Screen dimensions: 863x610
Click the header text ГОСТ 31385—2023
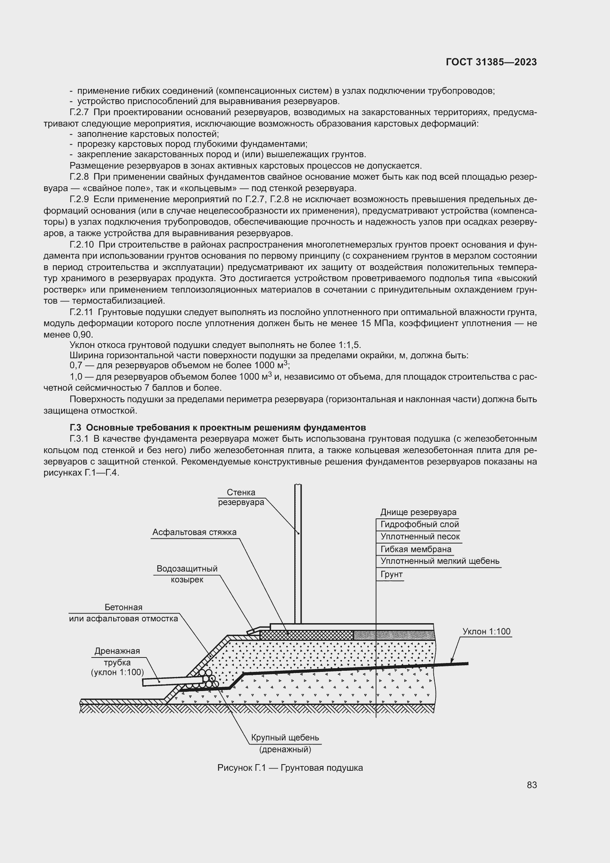coord(491,62)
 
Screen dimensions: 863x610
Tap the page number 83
coord(531,785)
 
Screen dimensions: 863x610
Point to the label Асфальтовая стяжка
coord(194,532)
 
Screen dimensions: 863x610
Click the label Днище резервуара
coord(418,512)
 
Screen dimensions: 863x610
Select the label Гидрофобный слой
coord(419,524)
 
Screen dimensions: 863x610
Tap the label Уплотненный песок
coord(420,537)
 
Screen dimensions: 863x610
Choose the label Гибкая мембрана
coord(415,549)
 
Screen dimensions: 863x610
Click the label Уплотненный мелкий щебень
coord(440,561)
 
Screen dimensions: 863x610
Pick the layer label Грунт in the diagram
coord(391,574)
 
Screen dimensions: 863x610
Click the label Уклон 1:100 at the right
coord(486,631)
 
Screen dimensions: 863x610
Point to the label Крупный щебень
coord(285,738)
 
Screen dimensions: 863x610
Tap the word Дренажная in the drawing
coord(117,650)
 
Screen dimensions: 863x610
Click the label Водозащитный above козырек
coord(187,568)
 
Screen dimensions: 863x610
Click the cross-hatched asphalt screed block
coord(306,635)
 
